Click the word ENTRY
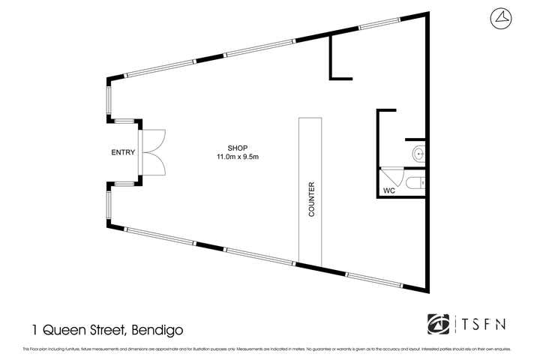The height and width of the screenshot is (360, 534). point(123,152)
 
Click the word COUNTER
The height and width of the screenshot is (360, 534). point(310,200)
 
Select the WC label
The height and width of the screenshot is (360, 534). point(388,191)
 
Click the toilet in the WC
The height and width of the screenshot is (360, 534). point(412,181)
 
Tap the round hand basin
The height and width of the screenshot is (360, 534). point(417,155)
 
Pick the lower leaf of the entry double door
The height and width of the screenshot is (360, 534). point(154,164)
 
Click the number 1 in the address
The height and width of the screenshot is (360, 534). point(34,329)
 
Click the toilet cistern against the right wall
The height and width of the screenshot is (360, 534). point(423,181)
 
